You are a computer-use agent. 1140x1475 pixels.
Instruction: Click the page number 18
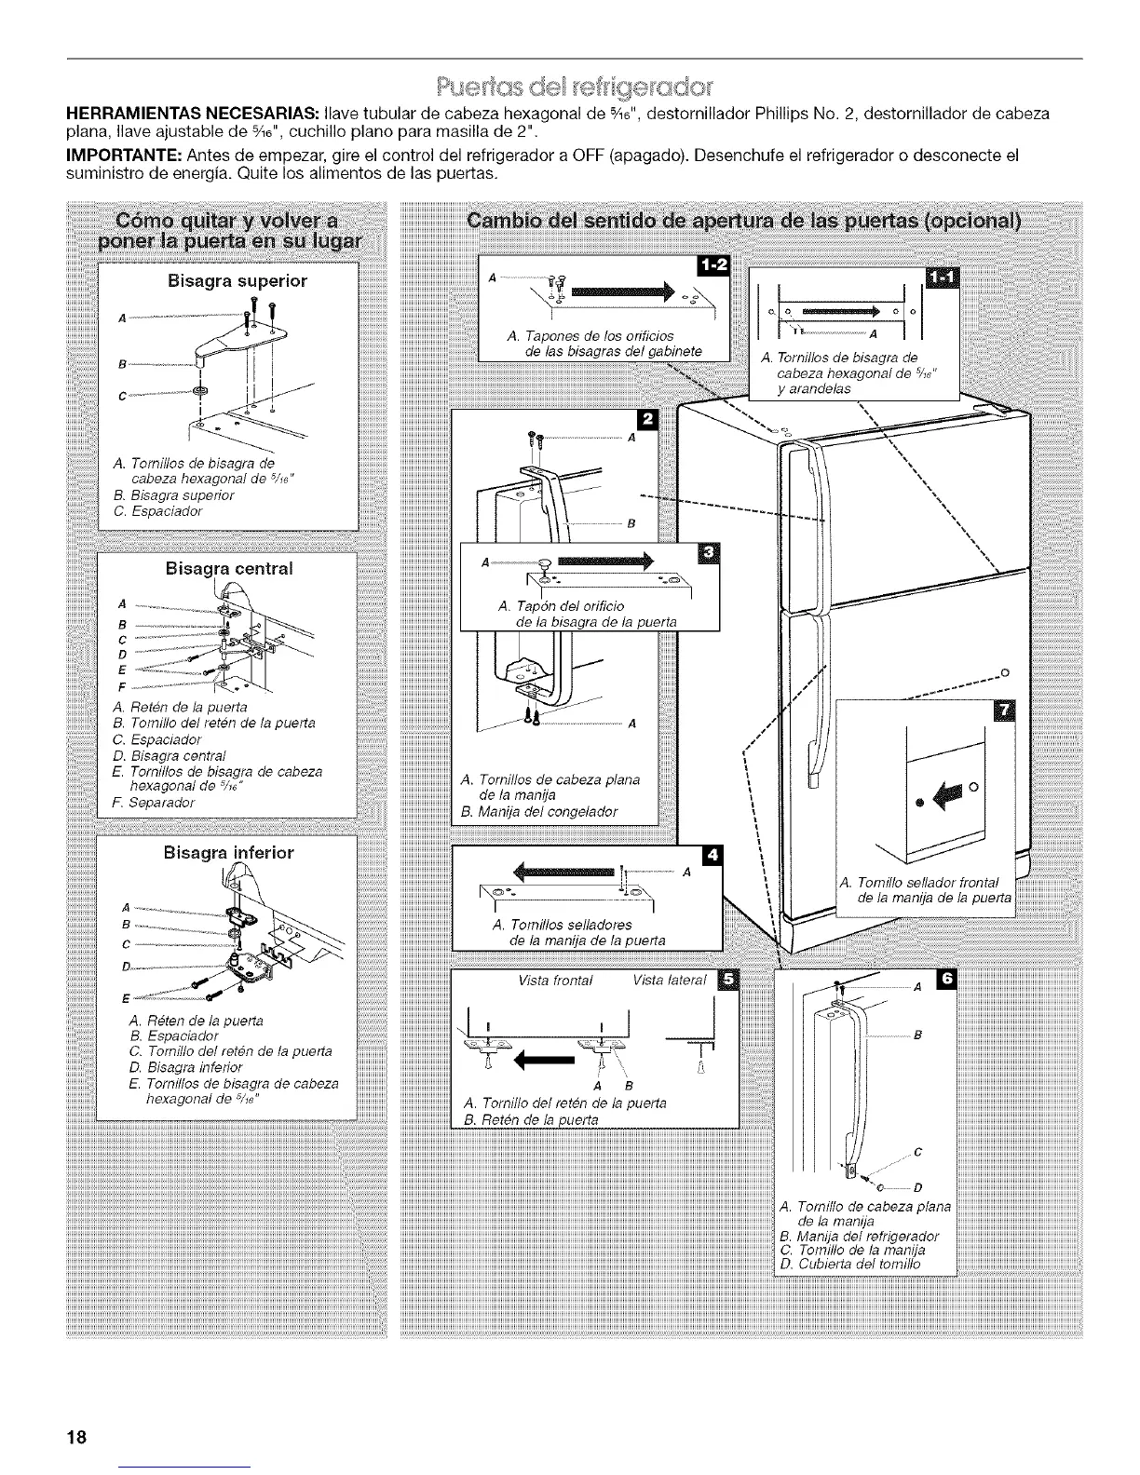pos(76,1436)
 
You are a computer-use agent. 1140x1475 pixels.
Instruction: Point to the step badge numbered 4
pos(712,855)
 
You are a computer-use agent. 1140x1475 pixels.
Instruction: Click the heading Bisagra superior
pos(237,280)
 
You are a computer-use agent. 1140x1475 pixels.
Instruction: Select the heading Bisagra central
pos(229,568)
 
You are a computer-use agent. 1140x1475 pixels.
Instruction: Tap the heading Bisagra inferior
pos(228,852)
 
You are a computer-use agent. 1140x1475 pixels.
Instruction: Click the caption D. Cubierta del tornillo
pos(848,1265)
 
